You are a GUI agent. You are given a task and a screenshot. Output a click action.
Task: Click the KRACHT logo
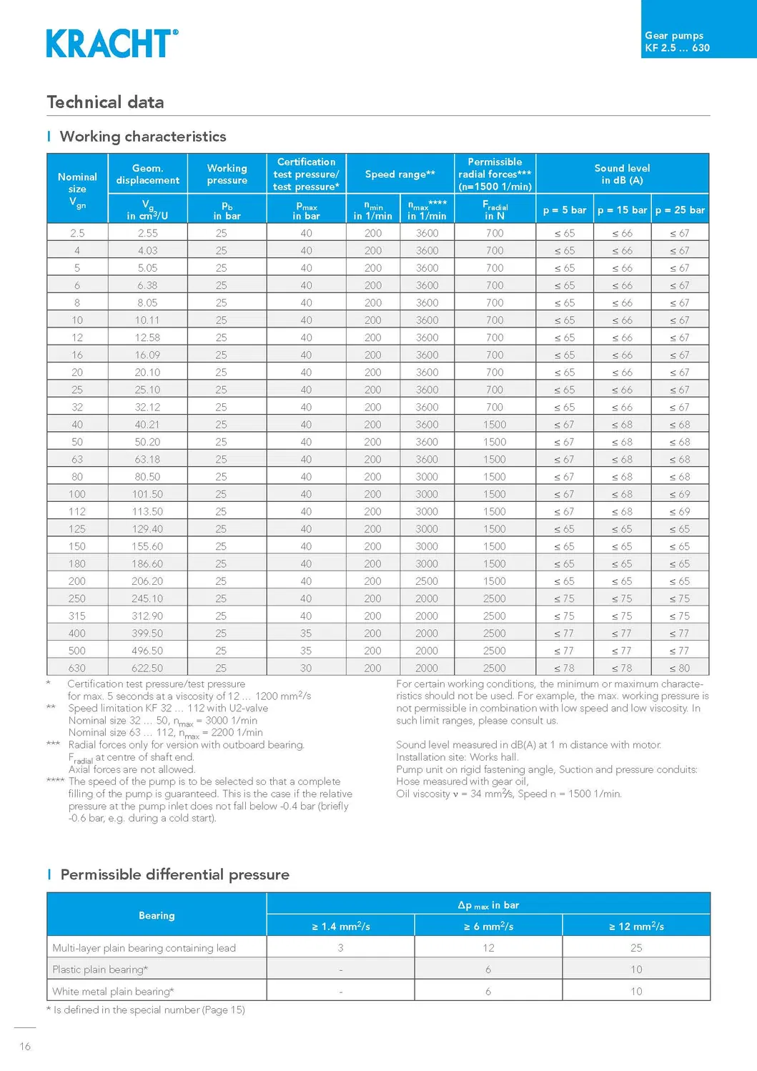(112, 44)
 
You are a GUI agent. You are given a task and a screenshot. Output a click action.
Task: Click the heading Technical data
(105, 102)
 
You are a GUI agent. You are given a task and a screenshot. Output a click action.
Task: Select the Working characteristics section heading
(142, 137)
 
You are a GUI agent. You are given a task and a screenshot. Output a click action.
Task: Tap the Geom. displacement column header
(148, 174)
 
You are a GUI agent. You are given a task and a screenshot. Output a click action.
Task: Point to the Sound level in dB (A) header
(622, 174)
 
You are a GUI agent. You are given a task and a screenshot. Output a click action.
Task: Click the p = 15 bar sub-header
(622, 210)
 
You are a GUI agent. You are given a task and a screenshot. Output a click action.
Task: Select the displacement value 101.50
(147, 494)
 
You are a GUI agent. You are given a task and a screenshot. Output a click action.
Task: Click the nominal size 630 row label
(77, 668)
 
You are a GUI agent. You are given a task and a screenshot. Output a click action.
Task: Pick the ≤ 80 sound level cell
(680, 668)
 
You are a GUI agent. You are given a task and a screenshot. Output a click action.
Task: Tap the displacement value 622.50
(147, 668)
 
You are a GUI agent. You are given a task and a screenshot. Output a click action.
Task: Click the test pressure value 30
(306, 668)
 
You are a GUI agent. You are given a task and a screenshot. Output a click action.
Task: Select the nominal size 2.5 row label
(77, 233)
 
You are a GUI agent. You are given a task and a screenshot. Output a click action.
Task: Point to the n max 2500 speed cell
(427, 581)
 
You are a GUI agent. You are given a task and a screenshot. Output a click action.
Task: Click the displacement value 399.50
(147, 633)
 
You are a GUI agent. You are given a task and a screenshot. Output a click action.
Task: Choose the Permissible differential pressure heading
(174, 874)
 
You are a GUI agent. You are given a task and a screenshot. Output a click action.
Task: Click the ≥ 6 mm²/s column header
(488, 926)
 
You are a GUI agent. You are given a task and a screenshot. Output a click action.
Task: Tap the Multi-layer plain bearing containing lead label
(144, 948)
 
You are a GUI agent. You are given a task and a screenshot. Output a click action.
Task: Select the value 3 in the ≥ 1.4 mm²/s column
(340, 948)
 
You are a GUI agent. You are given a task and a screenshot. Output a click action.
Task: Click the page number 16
(25, 1047)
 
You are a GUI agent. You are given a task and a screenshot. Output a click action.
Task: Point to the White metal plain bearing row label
(113, 991)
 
